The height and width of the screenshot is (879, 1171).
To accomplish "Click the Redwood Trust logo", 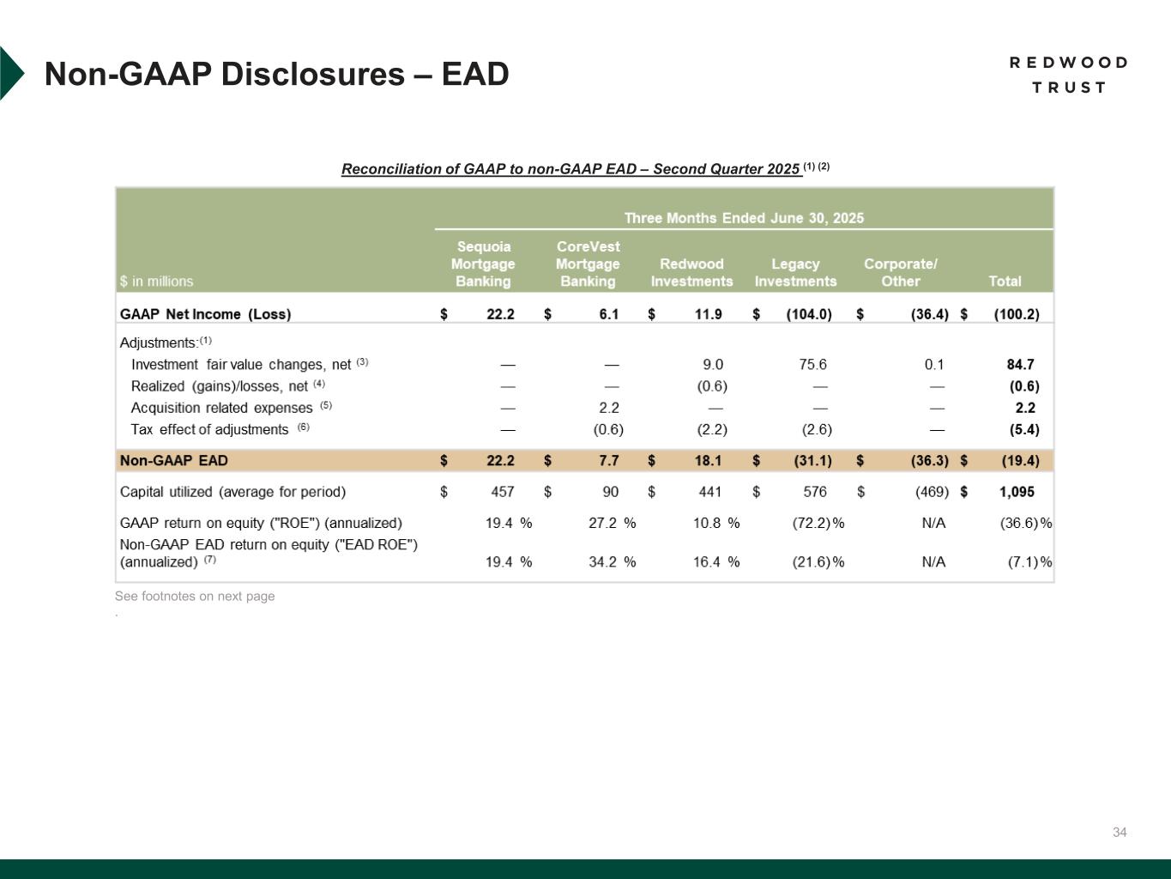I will pos(1068,75).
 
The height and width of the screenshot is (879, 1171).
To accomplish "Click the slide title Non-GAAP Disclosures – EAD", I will pos(276,74).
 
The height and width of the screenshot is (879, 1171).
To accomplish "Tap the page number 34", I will pos(1120,832).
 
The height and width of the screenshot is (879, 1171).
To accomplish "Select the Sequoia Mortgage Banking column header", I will pos(483,264).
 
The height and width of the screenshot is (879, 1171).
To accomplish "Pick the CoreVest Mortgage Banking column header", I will pos(588,264).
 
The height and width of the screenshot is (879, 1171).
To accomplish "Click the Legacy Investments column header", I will pos(795,272).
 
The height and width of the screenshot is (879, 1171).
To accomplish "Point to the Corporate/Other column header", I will pos(900,272).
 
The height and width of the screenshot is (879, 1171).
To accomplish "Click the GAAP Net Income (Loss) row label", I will pos(205,314).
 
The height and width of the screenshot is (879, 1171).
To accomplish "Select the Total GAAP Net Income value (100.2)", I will pos(1016,314).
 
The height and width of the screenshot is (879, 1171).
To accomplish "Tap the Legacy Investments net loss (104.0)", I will pos(809,314).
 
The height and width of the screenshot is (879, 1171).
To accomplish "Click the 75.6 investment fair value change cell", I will pos(812,364).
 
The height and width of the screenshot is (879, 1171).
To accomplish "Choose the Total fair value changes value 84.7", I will pos(1020,364).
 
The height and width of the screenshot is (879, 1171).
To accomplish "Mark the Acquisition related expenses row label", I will pos(221,408).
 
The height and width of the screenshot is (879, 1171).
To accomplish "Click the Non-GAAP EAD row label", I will pos(174,461).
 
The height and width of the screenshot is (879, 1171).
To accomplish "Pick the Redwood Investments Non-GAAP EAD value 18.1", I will pos(708,461).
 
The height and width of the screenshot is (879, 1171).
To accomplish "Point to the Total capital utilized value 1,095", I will pos(1017,492).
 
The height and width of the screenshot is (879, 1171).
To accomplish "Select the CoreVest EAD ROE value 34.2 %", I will pos(612,562).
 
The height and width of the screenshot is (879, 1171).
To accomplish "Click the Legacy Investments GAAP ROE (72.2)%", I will pos(818,523).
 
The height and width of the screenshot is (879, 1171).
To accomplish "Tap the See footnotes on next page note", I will pos(195,596).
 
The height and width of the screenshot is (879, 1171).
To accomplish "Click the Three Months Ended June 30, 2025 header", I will pos(744,218).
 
